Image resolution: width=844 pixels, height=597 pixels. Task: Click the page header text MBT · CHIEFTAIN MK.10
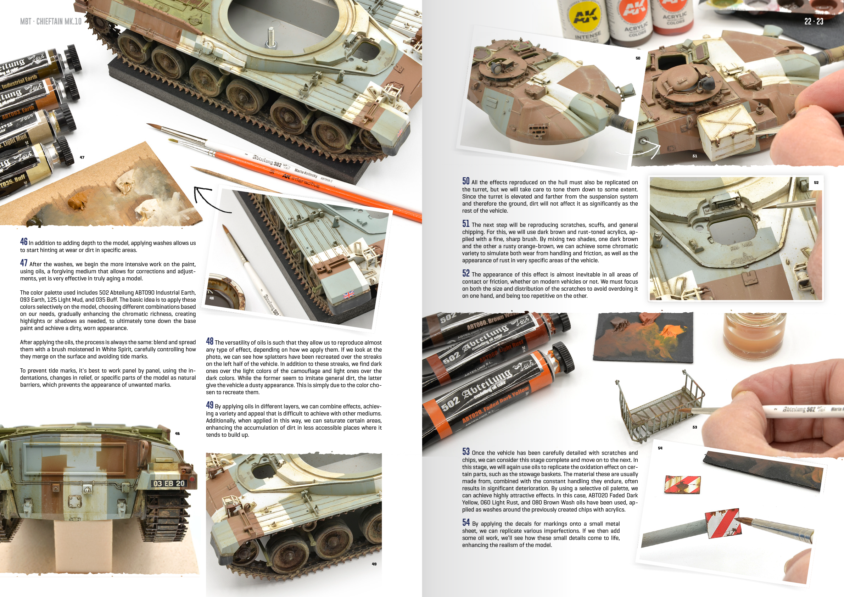51,21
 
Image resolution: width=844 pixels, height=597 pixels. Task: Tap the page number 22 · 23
814,21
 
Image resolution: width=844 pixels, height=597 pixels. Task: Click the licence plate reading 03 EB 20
169,483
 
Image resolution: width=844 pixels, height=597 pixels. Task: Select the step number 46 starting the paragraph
24,241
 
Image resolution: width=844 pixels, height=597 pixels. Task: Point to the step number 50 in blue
466,181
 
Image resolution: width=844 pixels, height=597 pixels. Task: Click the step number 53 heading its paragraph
466,451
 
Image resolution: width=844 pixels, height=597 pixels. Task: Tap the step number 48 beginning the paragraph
209,341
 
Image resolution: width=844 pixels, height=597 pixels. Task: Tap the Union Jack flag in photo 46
348,294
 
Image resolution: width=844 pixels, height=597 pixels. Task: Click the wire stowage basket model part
660,404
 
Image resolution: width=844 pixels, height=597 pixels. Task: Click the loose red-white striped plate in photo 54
682,484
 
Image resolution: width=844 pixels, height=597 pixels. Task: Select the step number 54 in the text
466,523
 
